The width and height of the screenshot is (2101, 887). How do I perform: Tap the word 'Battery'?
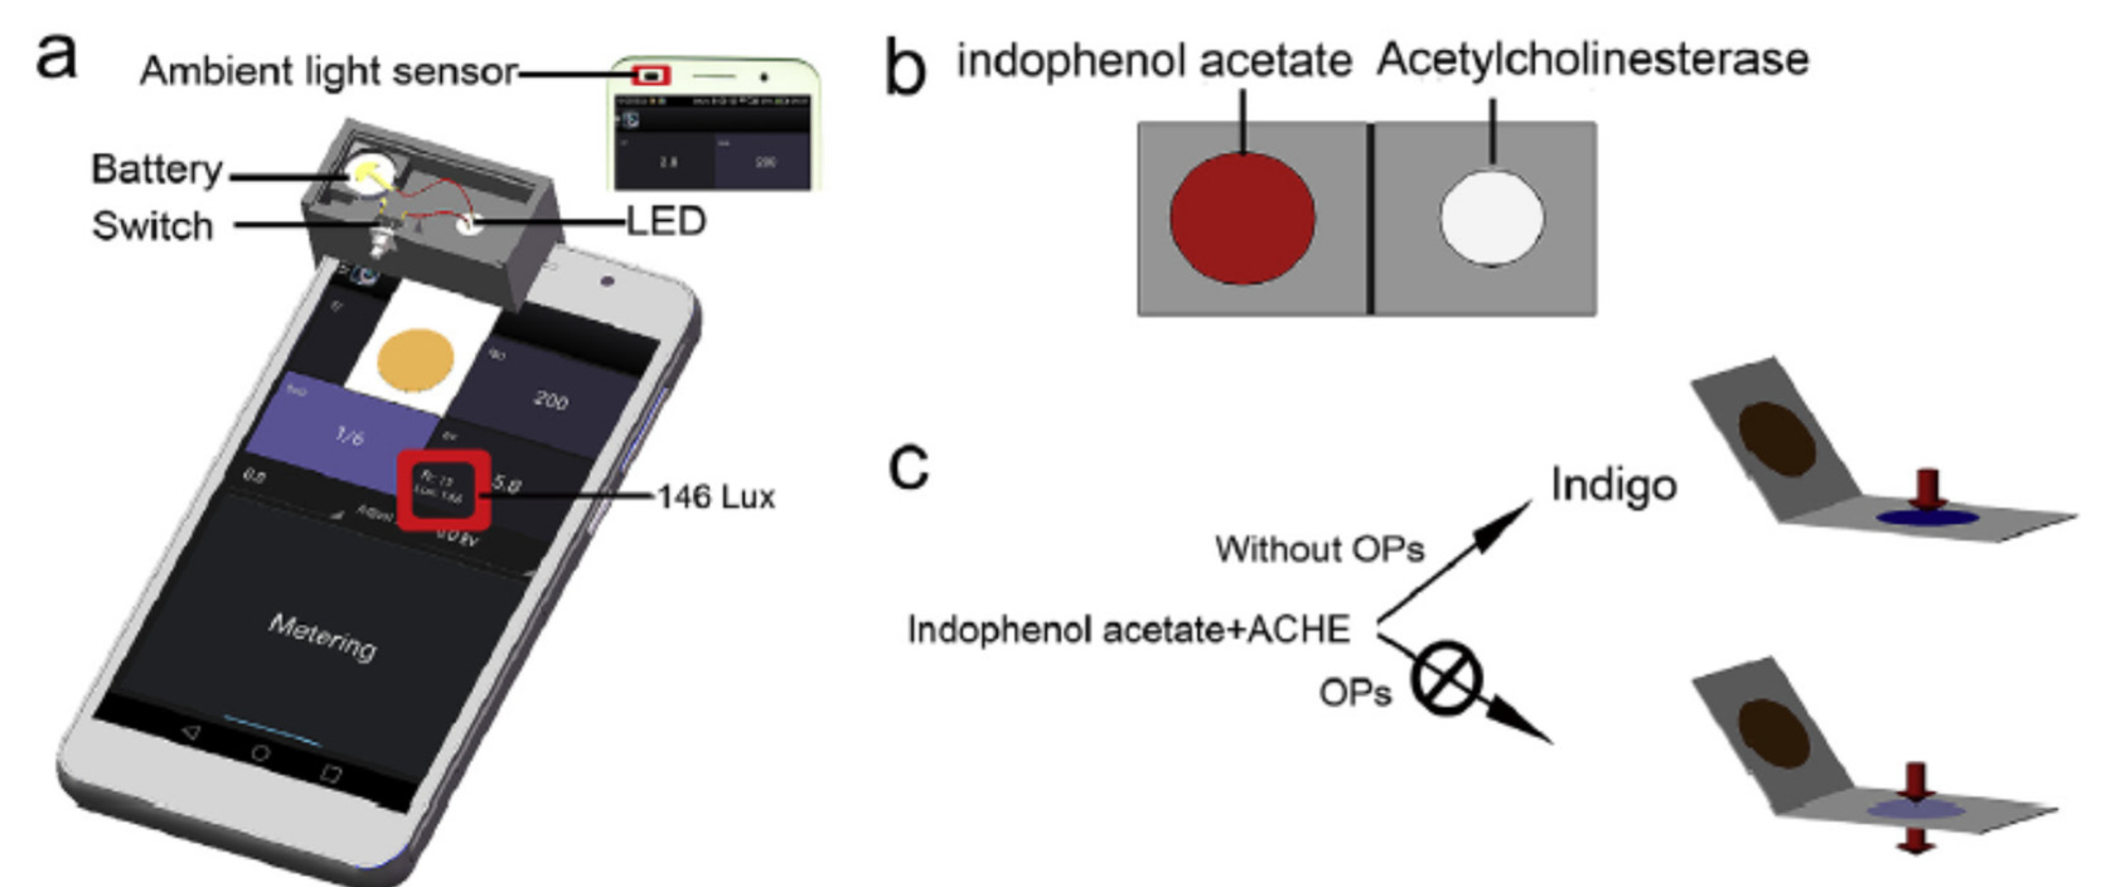[x=157, y=169]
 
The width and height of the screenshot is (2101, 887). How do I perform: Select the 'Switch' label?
[x=152, y=226]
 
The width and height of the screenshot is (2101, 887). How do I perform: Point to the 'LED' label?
[x=665, y=222]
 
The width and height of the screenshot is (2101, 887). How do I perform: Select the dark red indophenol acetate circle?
[x=1242, y=218]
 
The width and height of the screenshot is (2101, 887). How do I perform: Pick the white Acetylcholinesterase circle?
[x=1492, y=218]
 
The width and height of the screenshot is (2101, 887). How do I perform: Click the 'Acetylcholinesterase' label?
[x=1593, y=59]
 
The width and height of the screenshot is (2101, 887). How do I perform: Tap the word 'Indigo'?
[x=1613, y=485]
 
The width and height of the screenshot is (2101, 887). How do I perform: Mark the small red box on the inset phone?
[x=651, y=75]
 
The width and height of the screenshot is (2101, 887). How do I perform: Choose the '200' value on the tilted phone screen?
[x=551, y=399]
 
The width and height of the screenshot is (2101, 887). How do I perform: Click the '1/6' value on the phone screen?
[x=349, y=436]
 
